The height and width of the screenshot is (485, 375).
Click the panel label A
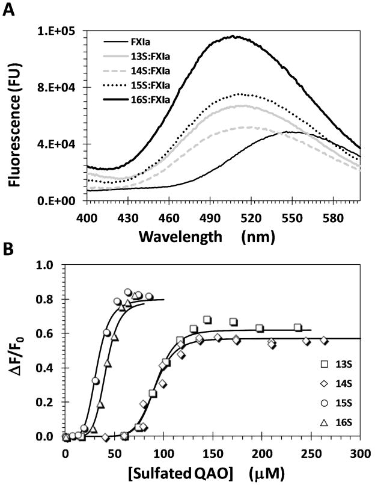pos(8,10)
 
